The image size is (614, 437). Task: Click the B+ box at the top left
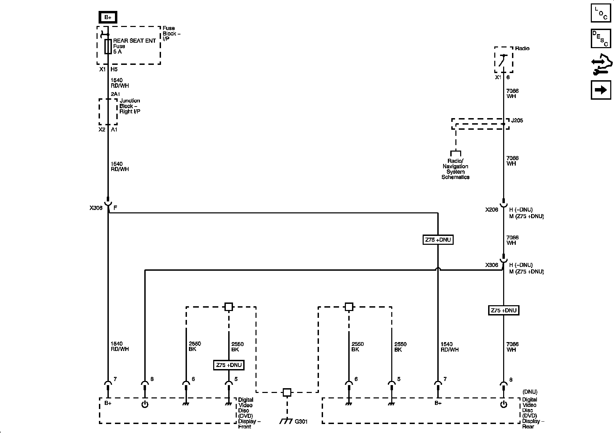(107, 17)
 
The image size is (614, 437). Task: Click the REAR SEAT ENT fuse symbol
(108, 46)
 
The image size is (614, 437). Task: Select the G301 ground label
(301, 422)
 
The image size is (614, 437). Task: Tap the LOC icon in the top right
(601, 13)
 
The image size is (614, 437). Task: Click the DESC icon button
(601, 38)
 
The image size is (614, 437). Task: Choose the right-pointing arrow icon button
(601, 90)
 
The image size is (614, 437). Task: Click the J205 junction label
(517, 121)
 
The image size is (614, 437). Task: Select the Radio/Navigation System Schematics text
(455, 169)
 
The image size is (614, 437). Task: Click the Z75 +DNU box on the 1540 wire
(438, 240)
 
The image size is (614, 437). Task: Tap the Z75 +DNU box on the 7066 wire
(503, 311)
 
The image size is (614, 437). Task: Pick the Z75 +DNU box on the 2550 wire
(229, 365)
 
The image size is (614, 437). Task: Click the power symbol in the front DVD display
(145, 405)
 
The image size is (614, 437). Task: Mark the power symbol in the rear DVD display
(503, 405)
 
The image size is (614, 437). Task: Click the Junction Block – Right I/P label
(130, 106)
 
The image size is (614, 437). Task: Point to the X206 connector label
(492, 210)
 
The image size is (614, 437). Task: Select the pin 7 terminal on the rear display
(438, 386)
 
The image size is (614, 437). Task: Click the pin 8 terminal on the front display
(145, 386)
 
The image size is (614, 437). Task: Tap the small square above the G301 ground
(287, 392)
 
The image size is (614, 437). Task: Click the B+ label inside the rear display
(438, 403)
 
